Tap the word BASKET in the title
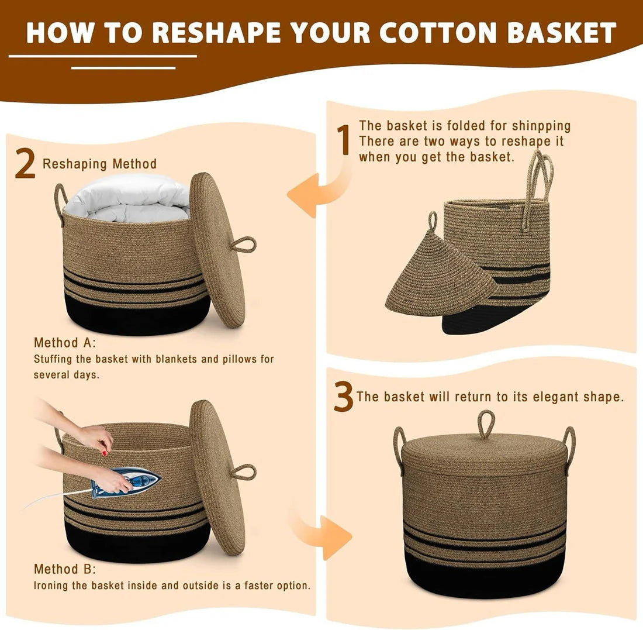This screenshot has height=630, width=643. [561, 32]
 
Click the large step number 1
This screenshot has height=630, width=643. [344, 140]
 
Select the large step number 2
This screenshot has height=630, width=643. [25, 164]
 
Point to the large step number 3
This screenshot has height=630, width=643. [343, 397]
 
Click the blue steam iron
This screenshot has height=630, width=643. [126, 482]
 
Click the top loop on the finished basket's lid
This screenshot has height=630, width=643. [486, 425]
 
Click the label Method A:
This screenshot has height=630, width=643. [65, 342]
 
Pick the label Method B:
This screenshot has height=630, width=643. [65, 569]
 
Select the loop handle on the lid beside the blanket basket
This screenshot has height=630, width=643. [244, 245]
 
